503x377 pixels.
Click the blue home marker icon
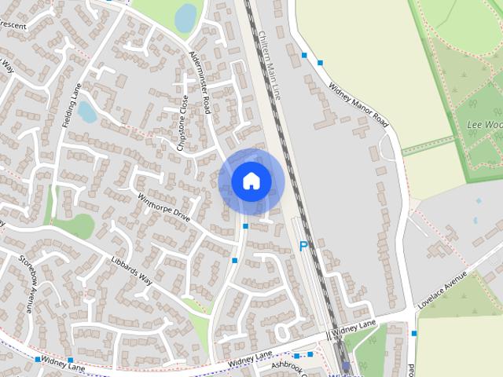251,181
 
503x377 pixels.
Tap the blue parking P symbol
303,247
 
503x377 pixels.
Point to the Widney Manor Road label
359,107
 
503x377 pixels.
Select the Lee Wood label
483,125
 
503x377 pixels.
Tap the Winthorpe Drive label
164,206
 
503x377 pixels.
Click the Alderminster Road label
200,82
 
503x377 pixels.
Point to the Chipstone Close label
183,123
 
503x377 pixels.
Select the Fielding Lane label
72,105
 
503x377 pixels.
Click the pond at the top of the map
185,18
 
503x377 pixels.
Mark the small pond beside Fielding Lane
87,112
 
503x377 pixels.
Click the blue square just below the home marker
245,226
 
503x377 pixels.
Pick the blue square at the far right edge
413,333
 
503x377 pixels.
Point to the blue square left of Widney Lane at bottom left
37,359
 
